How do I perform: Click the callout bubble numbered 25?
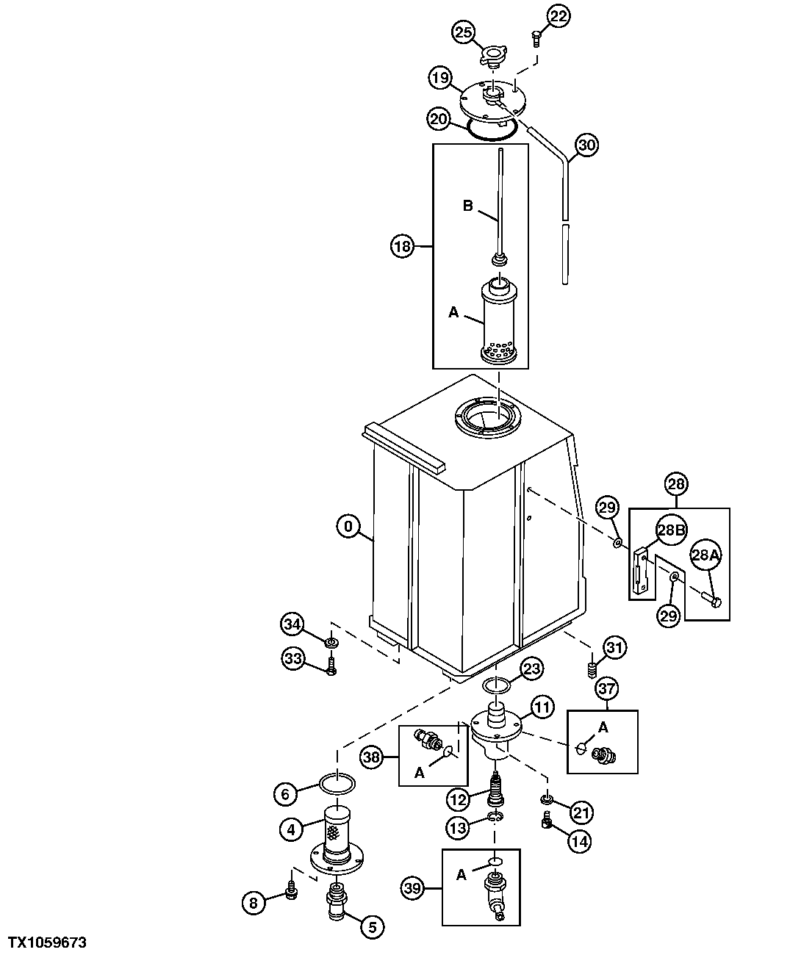click(x=464, y=32)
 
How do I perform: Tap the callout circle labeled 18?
click(x=403, y=247)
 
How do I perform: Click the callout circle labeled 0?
click(x=348, y=526)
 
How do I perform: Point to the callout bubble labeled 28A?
click(x=703, y=556)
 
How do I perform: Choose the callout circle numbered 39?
click(x=414, y=888)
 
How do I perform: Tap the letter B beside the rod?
click(x=467, y=206)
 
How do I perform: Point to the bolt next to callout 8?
click(x=292, y=892)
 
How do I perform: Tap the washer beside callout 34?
click(x=331, y=644)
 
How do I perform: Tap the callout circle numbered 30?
click(x=586, y=145)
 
